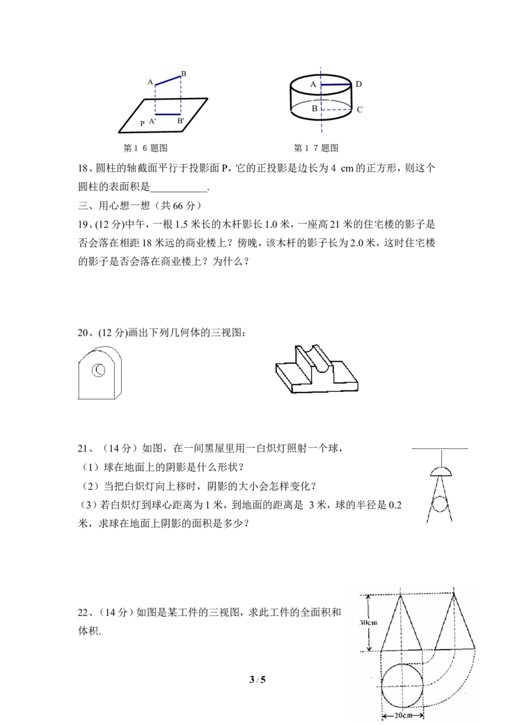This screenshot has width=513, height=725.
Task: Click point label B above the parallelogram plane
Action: pyautogui.click(x=183, y=74)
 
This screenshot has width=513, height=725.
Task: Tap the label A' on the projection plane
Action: pyautogui.click(x=153, y=121)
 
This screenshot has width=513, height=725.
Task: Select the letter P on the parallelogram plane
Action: pyautogui.click(x=142, y=124)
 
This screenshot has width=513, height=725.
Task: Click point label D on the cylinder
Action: pyautogui.click(x=358, y=84)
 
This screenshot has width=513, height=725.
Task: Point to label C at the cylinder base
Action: pyautogui.click(x=359, y=110)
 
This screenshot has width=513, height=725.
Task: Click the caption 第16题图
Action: pyautogui.click(x=146, y=148)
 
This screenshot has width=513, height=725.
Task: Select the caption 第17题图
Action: pyautogui.click(x=316, y=148)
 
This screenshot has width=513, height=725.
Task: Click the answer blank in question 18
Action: pyautogui.click(x=179, y=188)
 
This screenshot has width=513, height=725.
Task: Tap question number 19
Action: pyautogui.click(x=85, y=225)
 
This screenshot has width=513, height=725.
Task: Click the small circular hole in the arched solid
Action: pyautogui.click(x=99, y=370)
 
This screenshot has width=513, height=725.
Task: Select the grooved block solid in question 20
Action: pyautogui.click(x=317, y=369)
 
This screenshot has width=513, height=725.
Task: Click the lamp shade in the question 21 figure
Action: pyautogui.click(x=441, y=471)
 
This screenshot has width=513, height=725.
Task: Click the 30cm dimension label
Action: pyautogui.click(x=369, y=623)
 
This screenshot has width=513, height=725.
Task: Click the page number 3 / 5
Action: pyautogui.click(x=257, y=680)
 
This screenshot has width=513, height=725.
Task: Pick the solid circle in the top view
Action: pyautogui.click(x=402, y=685)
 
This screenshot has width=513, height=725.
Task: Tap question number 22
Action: pyautogui.click(x=84, y=613)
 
